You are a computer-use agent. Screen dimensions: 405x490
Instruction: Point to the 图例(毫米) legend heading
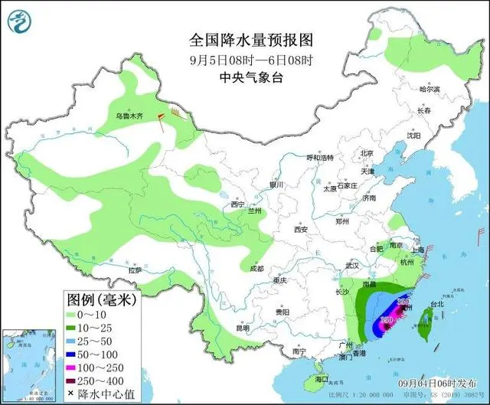click(90, 299)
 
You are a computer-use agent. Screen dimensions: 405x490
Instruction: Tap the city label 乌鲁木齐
click(129, 116)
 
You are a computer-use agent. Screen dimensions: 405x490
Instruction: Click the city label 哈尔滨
click(430, 90)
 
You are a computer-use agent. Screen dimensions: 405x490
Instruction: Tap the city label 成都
click(256, 269)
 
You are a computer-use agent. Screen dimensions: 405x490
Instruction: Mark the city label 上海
click(417, 250)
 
